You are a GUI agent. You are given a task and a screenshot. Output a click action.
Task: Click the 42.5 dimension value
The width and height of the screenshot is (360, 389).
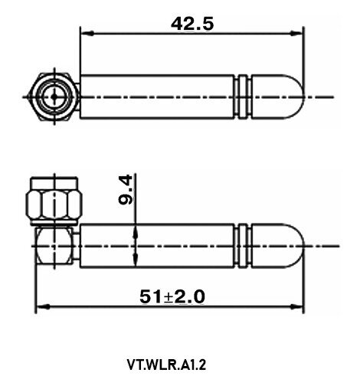coord(191,23)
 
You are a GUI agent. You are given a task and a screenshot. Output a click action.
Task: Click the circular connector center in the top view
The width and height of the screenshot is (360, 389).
coord(54,97)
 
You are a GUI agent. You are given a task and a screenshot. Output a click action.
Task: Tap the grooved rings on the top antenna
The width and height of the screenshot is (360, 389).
coord(244,96)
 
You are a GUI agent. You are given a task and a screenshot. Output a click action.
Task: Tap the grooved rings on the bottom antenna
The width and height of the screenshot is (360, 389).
coord(244,246)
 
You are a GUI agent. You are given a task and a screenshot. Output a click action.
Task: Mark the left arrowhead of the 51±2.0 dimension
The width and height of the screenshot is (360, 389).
coord(42,308)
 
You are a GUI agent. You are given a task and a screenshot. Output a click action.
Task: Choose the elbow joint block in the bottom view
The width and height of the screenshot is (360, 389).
coord(55,245)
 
